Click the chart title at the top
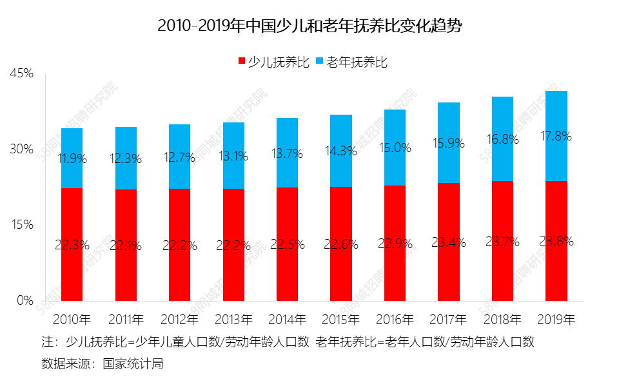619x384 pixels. tap(310, 26)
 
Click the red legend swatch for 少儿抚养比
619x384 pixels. tap(242, 62)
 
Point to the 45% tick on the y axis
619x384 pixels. tap(21, 73)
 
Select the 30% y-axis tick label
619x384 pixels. tap(21, 149)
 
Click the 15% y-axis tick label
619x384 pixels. tap(21, 225)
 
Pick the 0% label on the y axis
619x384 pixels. tap(25, 300)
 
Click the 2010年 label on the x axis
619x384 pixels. tap(72, 319)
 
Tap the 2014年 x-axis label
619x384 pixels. tap(287, 319)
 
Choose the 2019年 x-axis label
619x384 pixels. tap(556, 319)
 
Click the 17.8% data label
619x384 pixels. tap(556, 136)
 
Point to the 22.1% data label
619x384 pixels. tap(126, 245)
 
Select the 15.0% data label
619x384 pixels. tap(395, 148)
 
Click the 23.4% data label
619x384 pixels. tap(448, 243)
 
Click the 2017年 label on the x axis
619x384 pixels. tap(448, 319)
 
